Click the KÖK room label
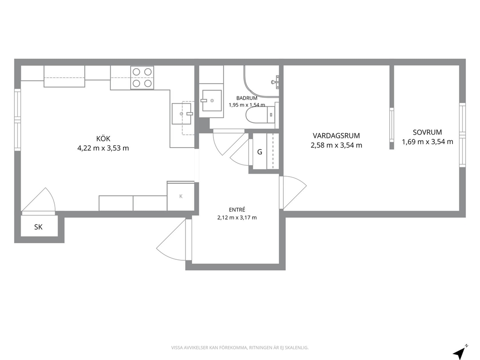(x=103, y=138)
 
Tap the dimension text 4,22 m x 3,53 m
(x=103, y=148)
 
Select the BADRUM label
(x=247, y=98)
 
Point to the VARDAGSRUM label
(x=336, y=135)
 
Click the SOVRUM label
(x=427, y=132)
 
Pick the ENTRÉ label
(x=237, y=210)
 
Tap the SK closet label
(x=38, y=227)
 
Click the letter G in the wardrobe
(x=259, y=152)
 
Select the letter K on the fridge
(x=180, y=196)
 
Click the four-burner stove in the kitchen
(x=142, y=78)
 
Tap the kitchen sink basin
(x=181, y=114)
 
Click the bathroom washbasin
(x=211, y=101)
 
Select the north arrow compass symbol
(x=460, y=351)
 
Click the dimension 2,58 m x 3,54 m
(x=336, y=145)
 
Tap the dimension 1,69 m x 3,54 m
(x=427, y=142)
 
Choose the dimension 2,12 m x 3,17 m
(x=237, y=218)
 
